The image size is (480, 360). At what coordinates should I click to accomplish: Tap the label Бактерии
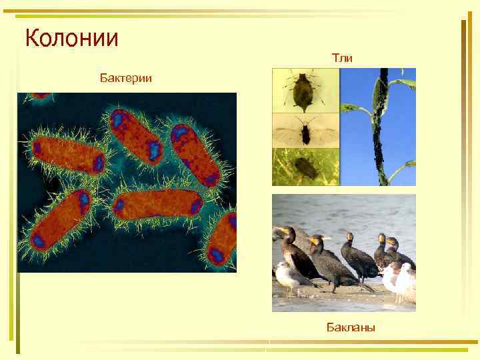(125, 79)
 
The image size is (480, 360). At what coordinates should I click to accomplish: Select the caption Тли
(342, 59)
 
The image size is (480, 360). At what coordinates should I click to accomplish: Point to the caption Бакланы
(351, 327)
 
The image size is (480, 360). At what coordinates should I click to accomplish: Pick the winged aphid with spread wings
(305, 131)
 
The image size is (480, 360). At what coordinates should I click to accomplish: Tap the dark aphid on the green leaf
(305, 167)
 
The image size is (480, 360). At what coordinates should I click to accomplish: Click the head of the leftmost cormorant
(287, 232)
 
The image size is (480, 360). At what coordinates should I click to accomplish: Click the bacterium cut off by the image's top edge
(41, 95)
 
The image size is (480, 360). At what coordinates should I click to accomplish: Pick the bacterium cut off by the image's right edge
(223, 240)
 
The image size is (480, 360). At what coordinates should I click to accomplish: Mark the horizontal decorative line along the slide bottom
(267, 347)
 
